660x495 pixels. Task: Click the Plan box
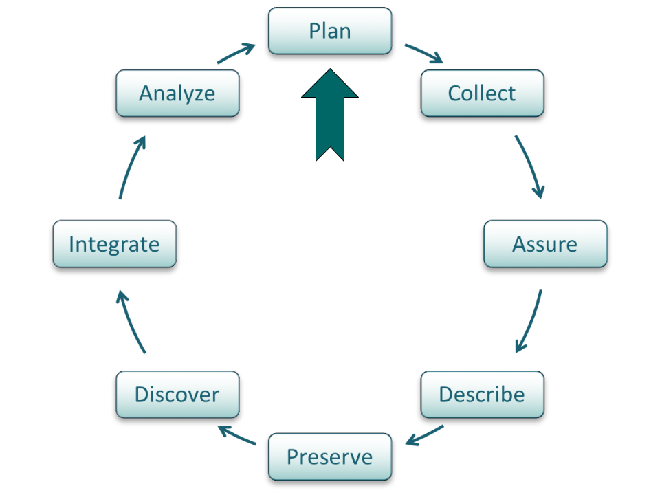(330, 31)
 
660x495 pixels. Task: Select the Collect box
(482, 93)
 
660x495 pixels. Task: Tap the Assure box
(545, 243)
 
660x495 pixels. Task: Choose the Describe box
(482, 394)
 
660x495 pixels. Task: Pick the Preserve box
(330, 456)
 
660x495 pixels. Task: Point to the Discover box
(177, 394)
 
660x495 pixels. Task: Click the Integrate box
(115, 243)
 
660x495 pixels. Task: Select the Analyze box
(177, 93)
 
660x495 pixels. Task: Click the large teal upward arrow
(330, 110)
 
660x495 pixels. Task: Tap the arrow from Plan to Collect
(425, 54)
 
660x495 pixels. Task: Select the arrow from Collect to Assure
(530, 167)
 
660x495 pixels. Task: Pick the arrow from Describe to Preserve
(425, 435)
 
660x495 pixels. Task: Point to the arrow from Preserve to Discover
(236, 434)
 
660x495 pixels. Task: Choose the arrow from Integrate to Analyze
(131, 167)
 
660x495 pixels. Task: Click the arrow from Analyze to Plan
(236, 54)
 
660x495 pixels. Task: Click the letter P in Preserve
(292, 456)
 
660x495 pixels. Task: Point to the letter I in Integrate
(71, 243)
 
